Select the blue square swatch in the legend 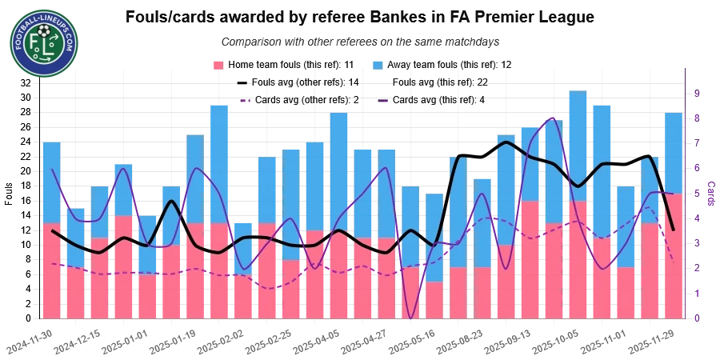coord(378,64)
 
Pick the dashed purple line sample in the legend coord(246,101)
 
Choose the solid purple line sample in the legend coord(384,101)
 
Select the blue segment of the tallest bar coord(578,144)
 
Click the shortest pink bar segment coord(434,300)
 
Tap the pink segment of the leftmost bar coord(51,270)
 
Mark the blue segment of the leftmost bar coord(51,182)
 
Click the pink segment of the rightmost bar coord(674,256)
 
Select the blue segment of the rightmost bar coord(674,152)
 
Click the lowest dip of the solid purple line coord(411,318)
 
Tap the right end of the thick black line coord(674,230)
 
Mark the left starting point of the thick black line coord(53,230)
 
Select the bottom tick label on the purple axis coord(697,318)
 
